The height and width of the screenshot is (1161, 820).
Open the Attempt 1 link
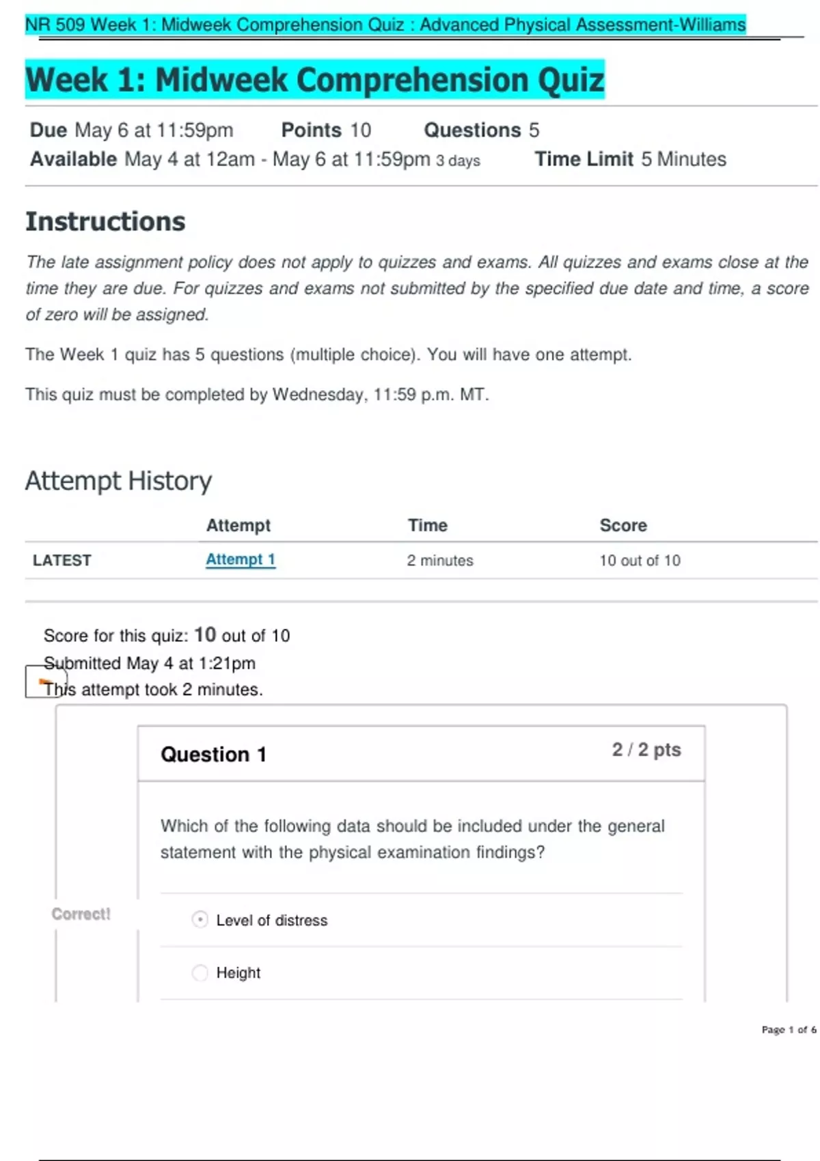pos(240,559)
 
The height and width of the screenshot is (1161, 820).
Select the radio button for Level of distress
pos(200,919)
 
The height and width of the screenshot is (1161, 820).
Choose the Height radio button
pos(200,973)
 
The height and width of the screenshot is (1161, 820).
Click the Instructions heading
pos(105,222)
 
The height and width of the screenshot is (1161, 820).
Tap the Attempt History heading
pos(118,481)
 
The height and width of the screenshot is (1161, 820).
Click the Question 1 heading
pos(213,754)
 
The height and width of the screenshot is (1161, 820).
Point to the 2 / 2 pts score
pos(646,750)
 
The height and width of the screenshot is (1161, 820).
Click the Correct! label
pos(81,914)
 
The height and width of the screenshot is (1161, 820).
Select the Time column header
pos(427,525)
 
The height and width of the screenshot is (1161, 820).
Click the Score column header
pos(623,525)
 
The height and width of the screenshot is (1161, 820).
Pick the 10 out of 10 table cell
pos(640,560)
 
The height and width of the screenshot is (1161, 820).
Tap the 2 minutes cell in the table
pos(439,560)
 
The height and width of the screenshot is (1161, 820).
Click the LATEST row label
pos(61,560)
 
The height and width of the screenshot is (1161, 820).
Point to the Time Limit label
pos(584,159)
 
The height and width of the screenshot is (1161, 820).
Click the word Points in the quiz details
pos(311,130)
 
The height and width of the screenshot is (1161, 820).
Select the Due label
pos(48,130)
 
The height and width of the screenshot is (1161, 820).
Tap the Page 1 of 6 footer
pos(789,1029)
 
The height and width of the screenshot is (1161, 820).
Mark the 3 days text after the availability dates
pos(458,160)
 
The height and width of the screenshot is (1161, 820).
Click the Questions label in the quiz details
pos(471,130)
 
